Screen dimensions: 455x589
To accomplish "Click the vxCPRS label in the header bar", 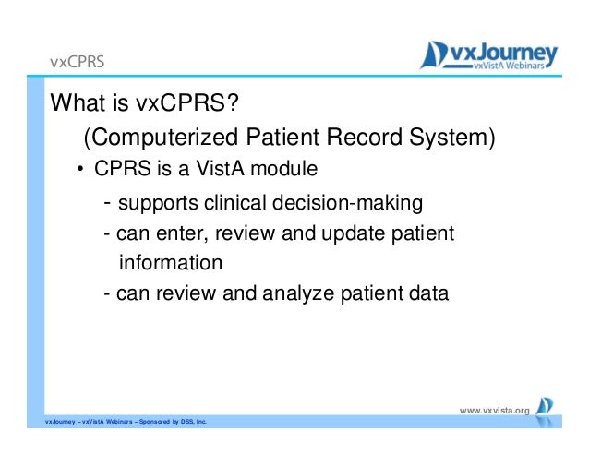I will pyautogui.click(x=77, y=63).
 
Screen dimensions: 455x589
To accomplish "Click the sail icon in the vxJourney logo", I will pyautogui.click(x=433, y=55).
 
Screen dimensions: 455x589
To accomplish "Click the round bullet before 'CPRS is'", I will pyautogui.click(x=80, y=170).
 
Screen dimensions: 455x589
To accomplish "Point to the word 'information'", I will pyautogui.click(x=171, y=263).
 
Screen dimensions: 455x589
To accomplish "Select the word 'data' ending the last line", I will pyautogui.click(x=427, y=294).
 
